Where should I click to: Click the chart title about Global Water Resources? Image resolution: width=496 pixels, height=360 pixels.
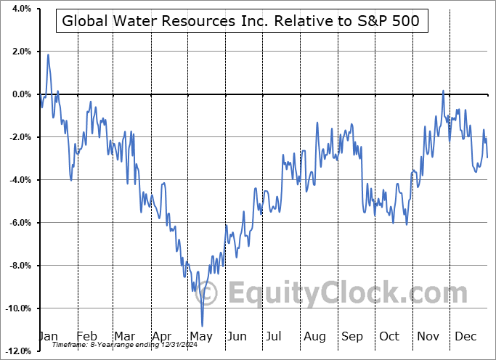[240, 21]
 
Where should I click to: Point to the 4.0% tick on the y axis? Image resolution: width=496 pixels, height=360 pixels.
[20, 9]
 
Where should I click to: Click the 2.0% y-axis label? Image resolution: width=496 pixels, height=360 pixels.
[20, 52]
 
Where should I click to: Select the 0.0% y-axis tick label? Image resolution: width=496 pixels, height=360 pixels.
[20, 94]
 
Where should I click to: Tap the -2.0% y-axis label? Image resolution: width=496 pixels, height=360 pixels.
[18, 137]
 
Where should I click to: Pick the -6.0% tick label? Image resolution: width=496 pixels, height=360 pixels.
[18, 223]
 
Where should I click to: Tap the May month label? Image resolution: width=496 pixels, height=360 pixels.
[201, 337]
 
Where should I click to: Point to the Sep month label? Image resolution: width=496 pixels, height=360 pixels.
[352, 337]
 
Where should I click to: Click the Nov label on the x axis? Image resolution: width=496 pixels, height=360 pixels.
[428, 337]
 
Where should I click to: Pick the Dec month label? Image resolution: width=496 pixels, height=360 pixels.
[465, 337]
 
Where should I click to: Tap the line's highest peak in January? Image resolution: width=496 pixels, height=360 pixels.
[48, 54]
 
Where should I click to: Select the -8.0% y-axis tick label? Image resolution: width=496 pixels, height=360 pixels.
[18, 266]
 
